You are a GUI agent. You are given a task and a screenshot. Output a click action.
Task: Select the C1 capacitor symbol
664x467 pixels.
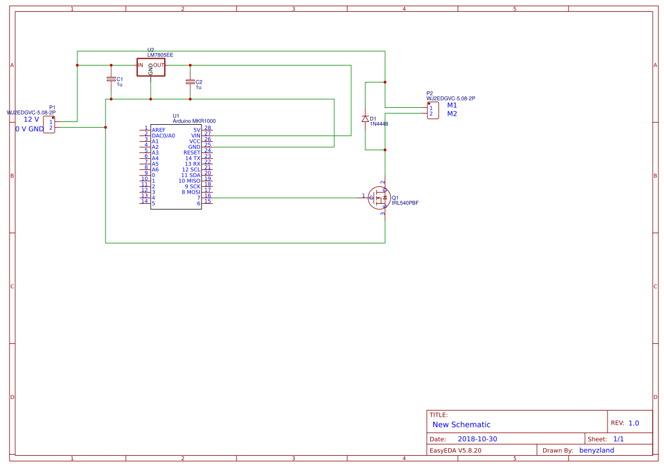pos(111,80)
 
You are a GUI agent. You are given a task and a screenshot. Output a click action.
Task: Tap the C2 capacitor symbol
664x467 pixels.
pos(190,82)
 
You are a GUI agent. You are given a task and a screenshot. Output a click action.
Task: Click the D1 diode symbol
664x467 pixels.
pos(365,119)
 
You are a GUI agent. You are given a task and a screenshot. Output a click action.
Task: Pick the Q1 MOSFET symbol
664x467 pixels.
pos(379,198)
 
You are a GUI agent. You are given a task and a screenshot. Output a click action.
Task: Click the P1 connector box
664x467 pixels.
pos(49,125)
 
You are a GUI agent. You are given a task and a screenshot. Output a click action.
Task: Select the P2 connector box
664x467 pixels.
pos(431,111)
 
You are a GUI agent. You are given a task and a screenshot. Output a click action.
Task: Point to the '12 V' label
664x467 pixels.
pos(31,119)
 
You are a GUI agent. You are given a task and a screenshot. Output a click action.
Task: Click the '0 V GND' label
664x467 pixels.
pos(29,129)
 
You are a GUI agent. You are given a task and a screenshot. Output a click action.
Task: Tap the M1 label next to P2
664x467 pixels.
pos(452,105)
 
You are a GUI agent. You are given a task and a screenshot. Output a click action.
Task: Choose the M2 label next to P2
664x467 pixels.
pos(452,114)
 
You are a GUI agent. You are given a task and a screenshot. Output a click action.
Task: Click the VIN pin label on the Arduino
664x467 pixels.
pos(195,136)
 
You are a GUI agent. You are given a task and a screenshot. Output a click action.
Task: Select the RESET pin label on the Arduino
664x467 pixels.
pos(191,152)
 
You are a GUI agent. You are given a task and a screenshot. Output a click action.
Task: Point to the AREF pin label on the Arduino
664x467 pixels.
pos(159,130)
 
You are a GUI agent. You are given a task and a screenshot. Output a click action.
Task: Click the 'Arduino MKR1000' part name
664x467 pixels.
pos(194,121)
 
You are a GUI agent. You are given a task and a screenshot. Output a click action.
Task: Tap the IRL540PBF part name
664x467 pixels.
pos(405,203)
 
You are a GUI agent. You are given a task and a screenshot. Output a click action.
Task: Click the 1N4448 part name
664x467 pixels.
pos(379,124)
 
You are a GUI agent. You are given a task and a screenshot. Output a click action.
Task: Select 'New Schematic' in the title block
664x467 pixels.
pos(461,425)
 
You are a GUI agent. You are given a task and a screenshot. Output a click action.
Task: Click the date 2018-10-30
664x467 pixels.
pos(477,439)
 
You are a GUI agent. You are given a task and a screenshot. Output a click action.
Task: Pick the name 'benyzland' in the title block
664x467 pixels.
pos(596,450)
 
